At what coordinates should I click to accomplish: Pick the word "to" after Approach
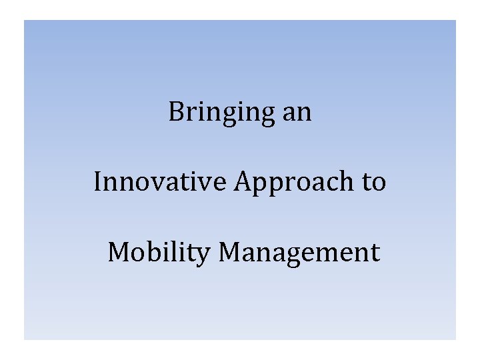pos(374,181)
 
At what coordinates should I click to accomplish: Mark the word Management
pos(299,253)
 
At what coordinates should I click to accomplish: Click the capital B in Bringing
pos(176,111)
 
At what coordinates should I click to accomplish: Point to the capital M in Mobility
pos(119,252)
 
